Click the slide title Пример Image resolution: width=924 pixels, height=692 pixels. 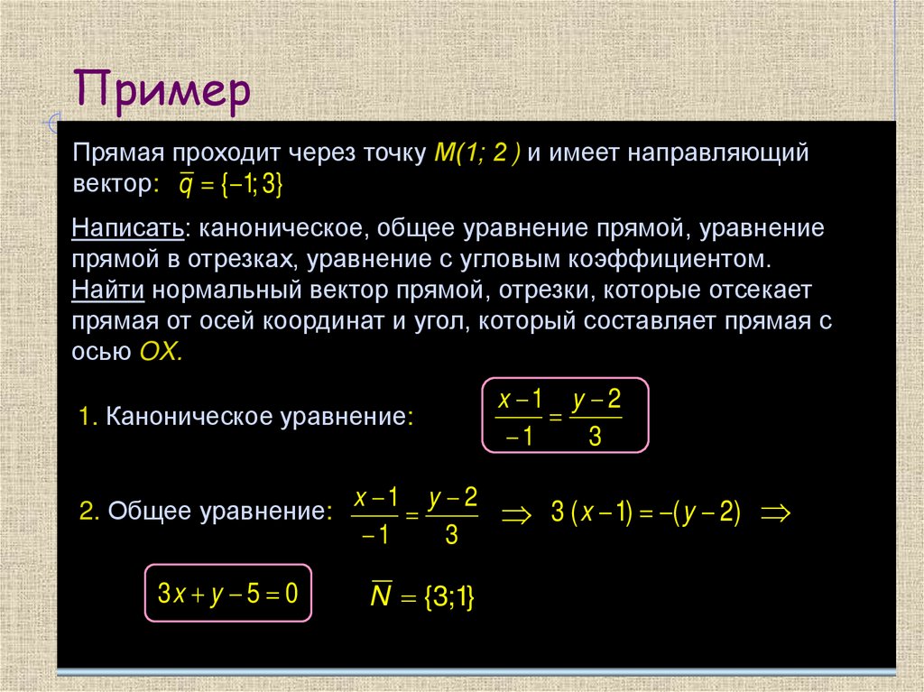pos(162,92)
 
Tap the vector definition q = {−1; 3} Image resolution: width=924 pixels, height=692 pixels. pos(231,184)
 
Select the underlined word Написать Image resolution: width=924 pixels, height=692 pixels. pos(128,228)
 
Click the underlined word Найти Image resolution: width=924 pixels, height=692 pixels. pos(110,291)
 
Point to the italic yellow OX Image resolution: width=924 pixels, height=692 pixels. pos(162,351)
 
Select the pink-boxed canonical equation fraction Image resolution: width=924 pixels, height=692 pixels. pos(562,415)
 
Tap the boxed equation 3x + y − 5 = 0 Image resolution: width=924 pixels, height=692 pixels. pos(228,594)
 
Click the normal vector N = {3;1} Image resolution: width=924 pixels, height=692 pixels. pos(422,596)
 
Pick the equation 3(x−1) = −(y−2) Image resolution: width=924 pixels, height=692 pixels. pos(645,512)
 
